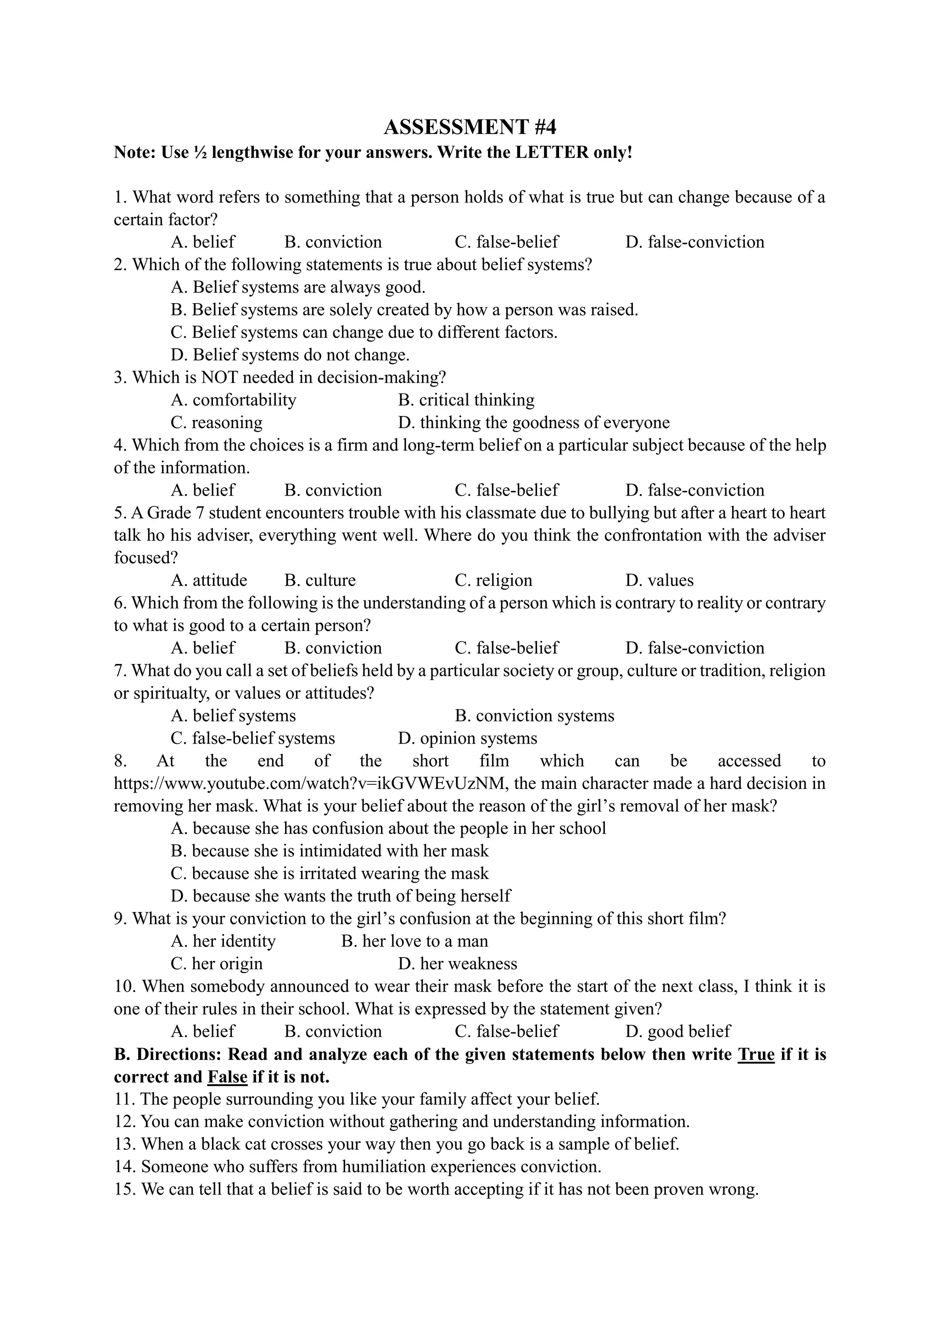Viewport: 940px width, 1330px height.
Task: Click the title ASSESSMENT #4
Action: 470,126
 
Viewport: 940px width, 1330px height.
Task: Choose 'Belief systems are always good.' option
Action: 298,287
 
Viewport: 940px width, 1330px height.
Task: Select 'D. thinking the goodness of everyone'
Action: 534,423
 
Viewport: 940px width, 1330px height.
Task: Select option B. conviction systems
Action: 534,716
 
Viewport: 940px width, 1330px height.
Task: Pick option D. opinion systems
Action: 468,738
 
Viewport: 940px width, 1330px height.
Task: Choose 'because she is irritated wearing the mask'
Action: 330,874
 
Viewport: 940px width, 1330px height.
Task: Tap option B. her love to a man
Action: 414,941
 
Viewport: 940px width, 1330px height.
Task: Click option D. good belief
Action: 678,1031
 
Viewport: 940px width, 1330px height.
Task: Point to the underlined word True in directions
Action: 756,1054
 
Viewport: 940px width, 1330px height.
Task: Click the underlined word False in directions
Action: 228,1077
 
